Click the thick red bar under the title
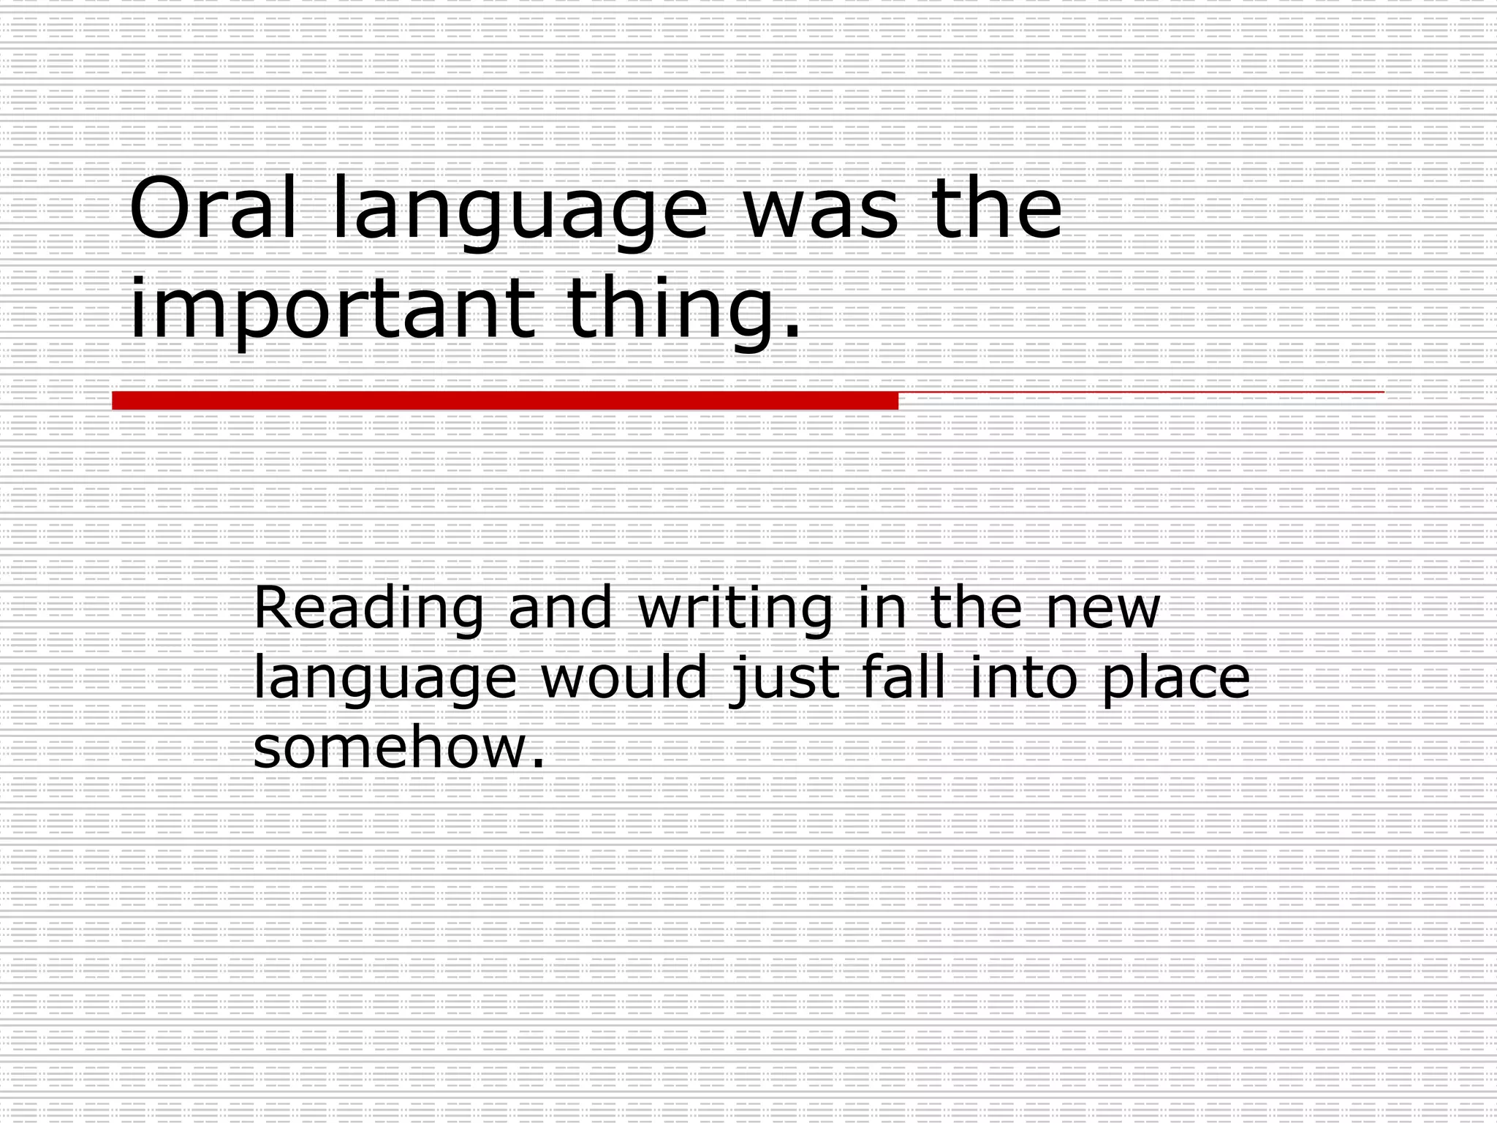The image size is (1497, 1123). coord(504,401)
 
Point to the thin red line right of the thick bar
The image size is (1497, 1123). coord(1140,393)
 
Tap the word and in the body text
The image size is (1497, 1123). coord(560,608)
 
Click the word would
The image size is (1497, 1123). coord(624,678)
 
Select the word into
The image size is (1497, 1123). coord(1024,678)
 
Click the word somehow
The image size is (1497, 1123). coord(398,748)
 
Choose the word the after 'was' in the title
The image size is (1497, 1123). coord(996,210)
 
